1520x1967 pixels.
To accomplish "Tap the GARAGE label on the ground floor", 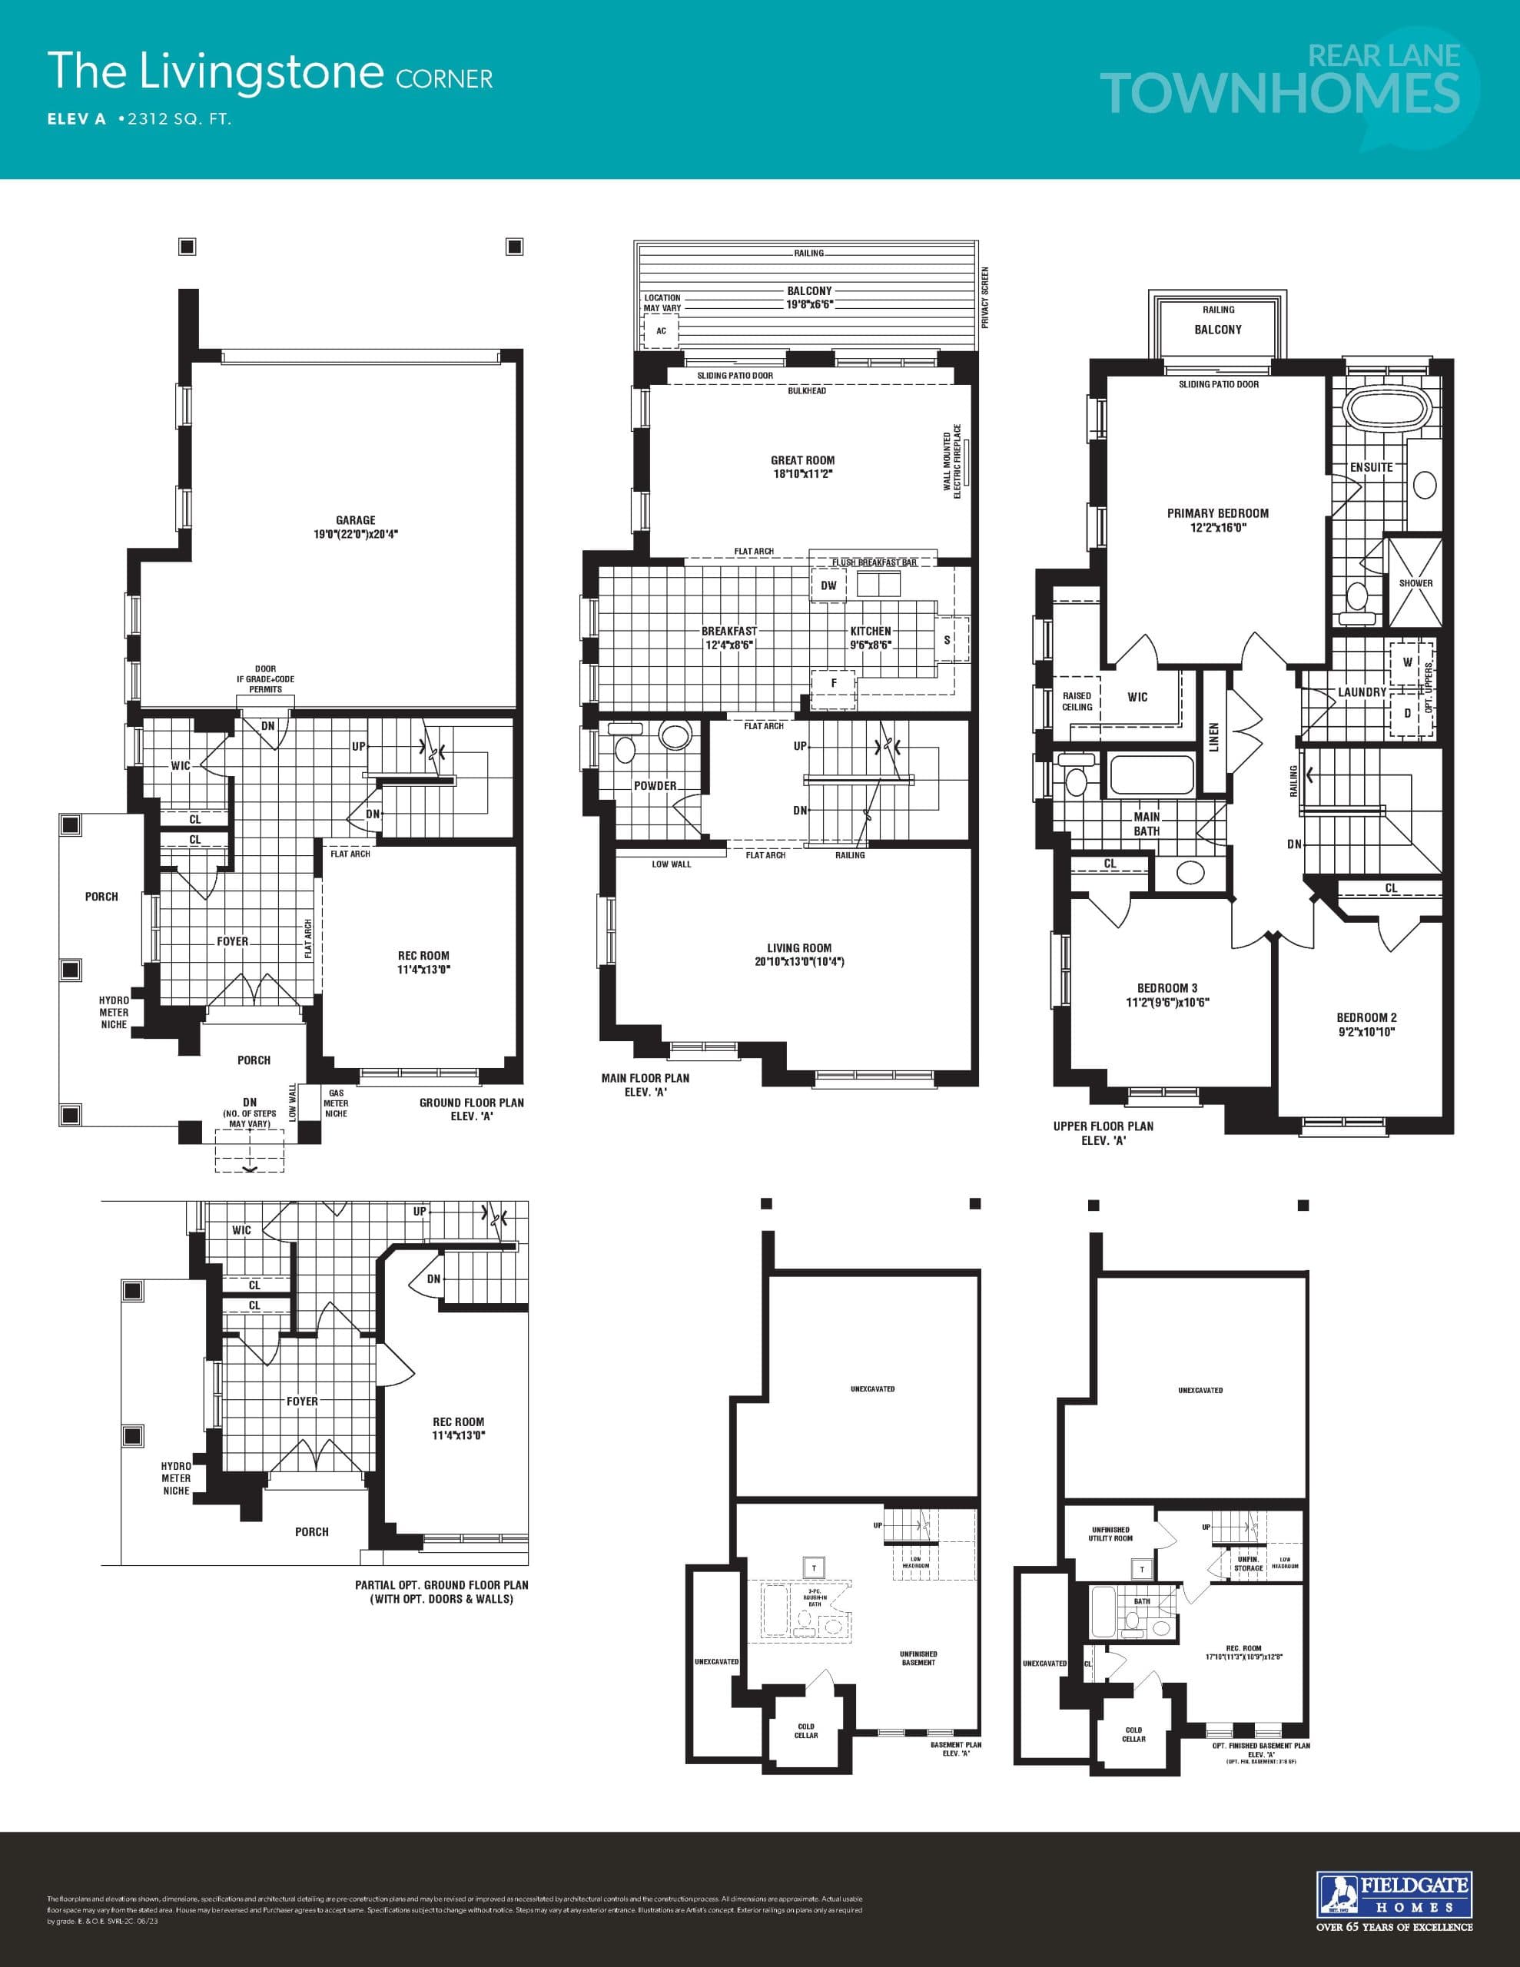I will point(355,521).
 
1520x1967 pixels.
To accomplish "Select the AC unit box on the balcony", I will point(662,331).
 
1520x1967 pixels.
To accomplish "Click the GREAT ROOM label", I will point(802,460).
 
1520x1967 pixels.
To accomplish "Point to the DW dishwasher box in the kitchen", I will point(829,585).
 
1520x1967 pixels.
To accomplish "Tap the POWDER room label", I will point(655,785).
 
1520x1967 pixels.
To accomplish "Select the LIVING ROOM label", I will point(798,947).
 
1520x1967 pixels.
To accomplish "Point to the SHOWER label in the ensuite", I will point(1415,582).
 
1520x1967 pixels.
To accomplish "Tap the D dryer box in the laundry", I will point(1407,713).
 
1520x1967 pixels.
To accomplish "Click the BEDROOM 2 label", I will point(1366,1018).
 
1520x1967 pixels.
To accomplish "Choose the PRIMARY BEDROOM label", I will point(1217,513).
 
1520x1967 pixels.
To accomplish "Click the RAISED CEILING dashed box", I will point(1077,702).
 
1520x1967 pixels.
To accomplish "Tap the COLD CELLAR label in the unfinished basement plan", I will point(805,1730).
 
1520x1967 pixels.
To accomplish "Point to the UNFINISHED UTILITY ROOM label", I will point(1110,1534).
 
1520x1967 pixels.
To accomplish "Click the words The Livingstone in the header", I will point(215,71).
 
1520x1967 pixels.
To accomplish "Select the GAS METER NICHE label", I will point(336,1103).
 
